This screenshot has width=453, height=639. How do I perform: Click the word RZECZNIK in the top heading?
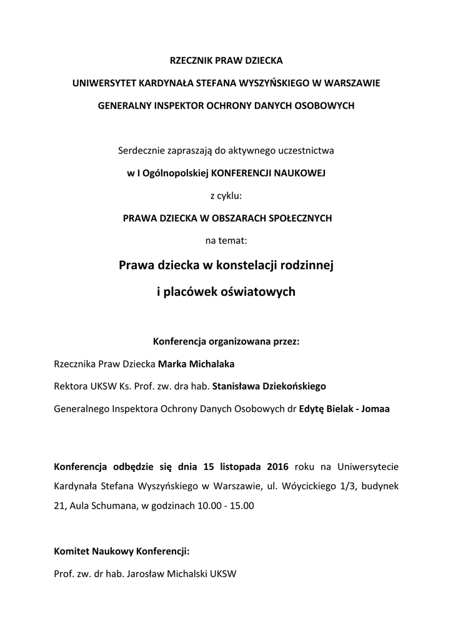(191, 61)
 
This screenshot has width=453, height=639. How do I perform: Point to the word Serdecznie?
(139, 150)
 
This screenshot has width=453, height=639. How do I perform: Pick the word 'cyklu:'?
(229, 195)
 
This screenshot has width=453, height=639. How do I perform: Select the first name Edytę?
(312, 409)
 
